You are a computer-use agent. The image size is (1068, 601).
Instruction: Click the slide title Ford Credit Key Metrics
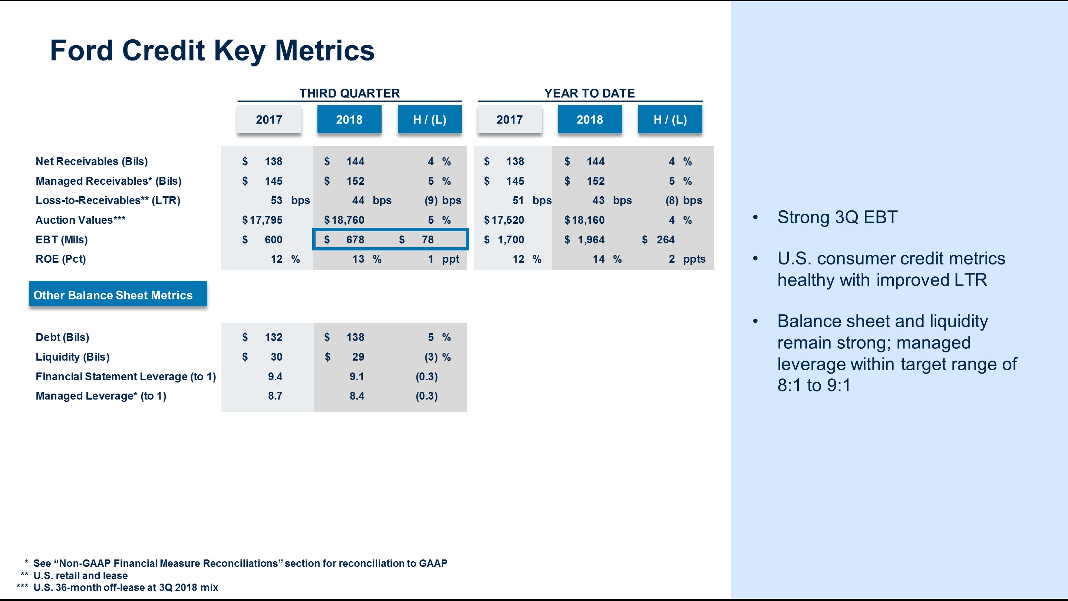click(x=212, y=50)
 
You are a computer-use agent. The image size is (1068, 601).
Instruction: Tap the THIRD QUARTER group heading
click(x=349, y=93)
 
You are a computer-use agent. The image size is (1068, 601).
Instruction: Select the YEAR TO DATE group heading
click(x=589, y=93)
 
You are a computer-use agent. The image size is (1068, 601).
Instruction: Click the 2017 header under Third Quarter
click(x=269, y=119)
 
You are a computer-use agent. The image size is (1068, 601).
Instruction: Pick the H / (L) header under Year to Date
click(x=670, y=119)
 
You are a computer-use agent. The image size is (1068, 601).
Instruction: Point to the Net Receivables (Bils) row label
click(x=92, y=161)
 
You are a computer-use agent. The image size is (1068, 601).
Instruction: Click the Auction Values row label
click(x=80, y=220)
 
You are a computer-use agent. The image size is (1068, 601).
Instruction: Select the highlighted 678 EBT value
click(x=355, y=240)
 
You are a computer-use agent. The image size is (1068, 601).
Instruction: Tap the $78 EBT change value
click(x=427, y=240)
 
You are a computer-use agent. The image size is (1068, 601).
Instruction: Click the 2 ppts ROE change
click(x=687, y=259)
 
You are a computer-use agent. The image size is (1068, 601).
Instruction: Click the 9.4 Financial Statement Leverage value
click(x=275, y=377)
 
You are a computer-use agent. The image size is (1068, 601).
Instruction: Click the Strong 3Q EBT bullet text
click(x=837, y=217)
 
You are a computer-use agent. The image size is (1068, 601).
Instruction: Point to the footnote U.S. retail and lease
click(x=80, y=575)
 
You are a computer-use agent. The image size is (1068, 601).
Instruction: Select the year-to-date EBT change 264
click(x=665, y=240)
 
